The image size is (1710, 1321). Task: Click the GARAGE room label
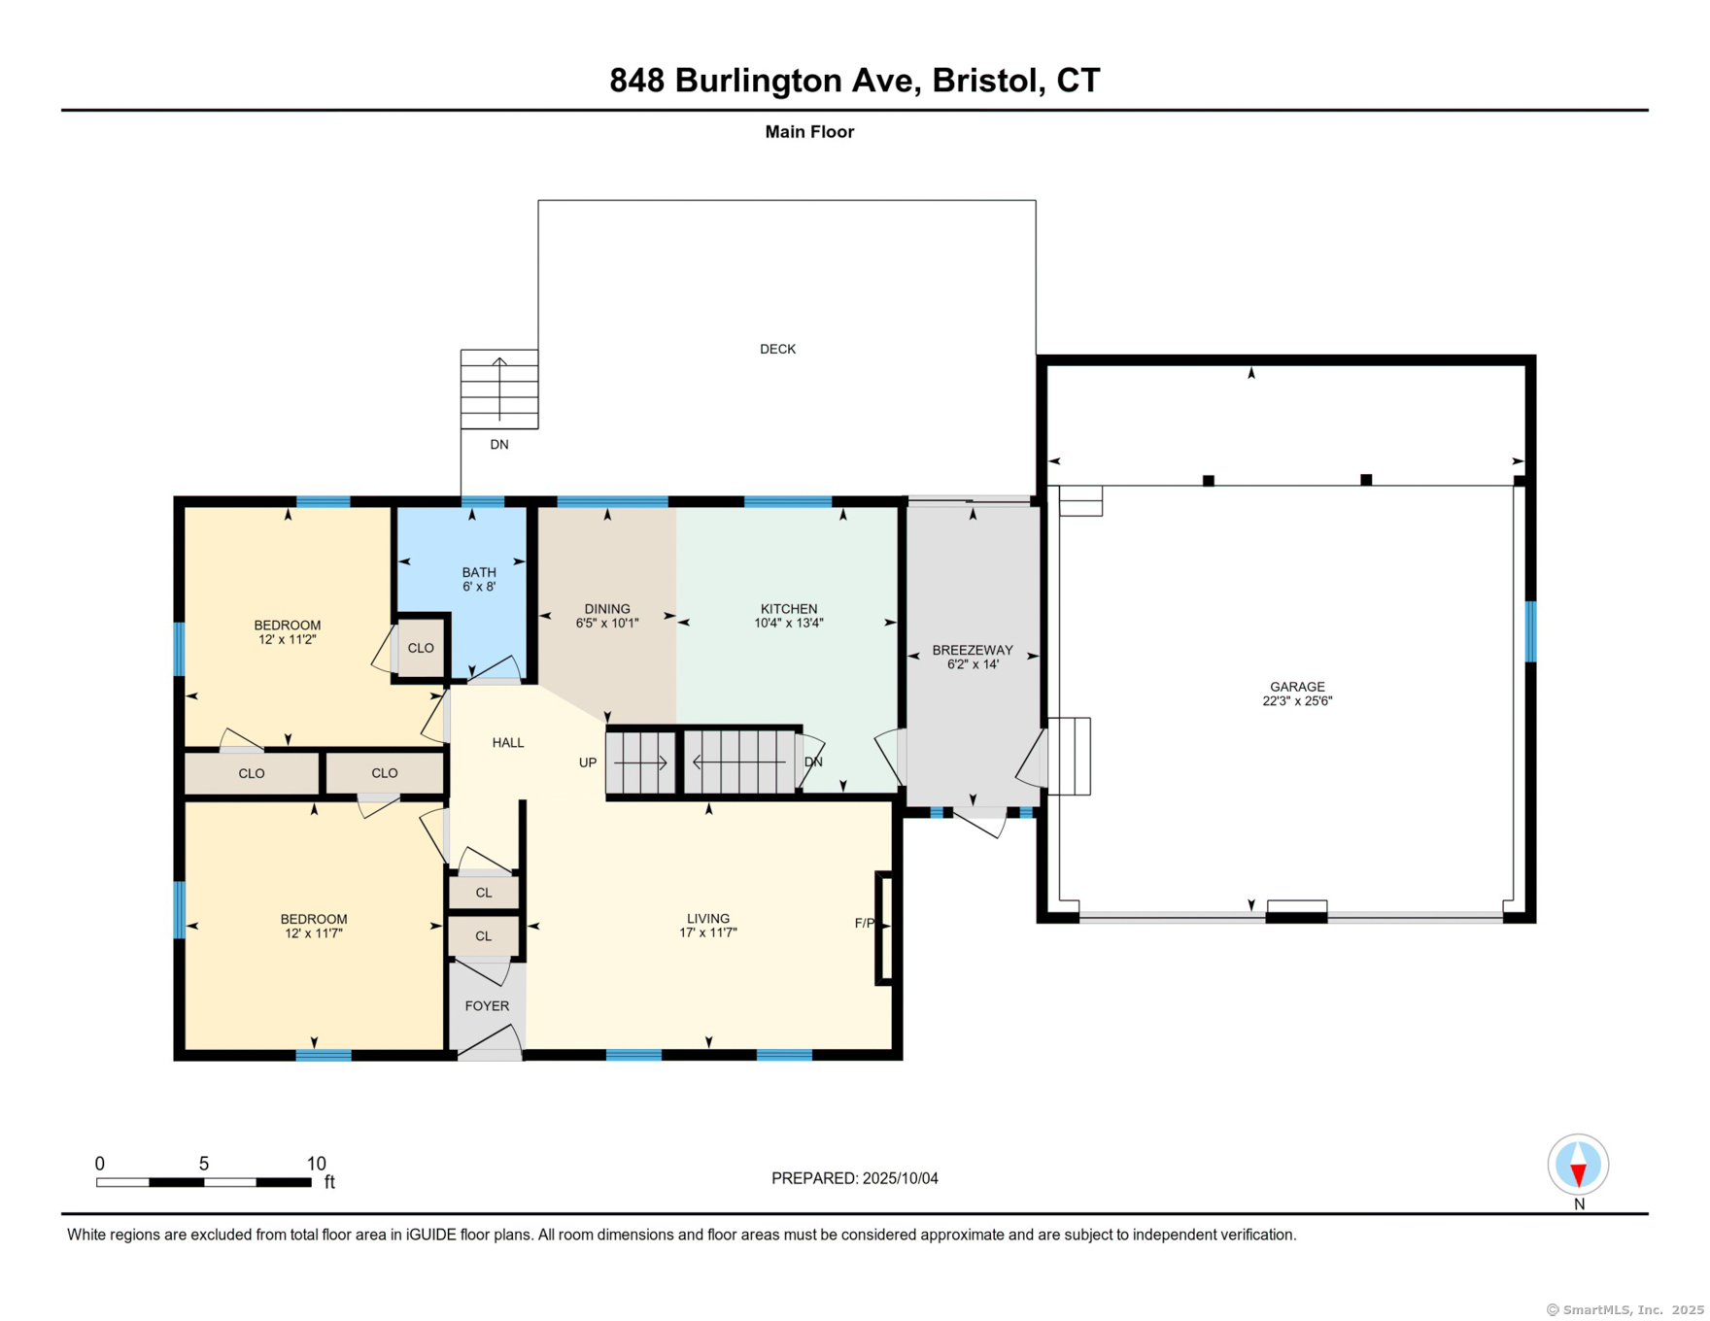pyautogui.click(x=1296, y=687)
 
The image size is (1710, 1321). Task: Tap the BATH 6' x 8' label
pyautogui.click(x=479, y=580)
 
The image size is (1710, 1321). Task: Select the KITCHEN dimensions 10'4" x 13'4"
pyautogui.click(x=788, y=624)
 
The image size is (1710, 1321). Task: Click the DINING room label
pyautogui.click(x=607, y=609)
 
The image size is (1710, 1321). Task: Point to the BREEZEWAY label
pyautogui.click(x=972, y=650)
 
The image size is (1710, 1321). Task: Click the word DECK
pyautogui.click(x=777, y=349)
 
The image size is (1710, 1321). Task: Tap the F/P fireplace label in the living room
pyautogui.click(x=864, y=923)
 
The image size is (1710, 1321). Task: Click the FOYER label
pyautogui.click(x=487, y=1006)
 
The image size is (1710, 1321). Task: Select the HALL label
pyautogui.click(x=507, y=743)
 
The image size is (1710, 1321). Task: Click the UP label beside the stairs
pyautogui.click(x=588, y=762)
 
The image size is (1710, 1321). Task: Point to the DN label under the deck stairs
pyautogui.click(x=498, y=445)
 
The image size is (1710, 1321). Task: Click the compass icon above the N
pyautogui.click(x=1578, y=1164)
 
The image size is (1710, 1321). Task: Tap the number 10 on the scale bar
pyautogui.click(x=316, y=1164)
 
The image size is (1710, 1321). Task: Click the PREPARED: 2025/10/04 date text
pyautogui.click(x=854, y=1178)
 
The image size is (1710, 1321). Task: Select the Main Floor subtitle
pyautogui.click(x=808, y=132)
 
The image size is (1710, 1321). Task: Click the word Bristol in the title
pyautogui.click(x=983, y=81)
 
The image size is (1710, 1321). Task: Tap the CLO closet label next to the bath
pyautogui.click(x=421, y=648)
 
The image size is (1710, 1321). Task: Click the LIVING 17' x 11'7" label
pyautogui.click(x=707, y=926)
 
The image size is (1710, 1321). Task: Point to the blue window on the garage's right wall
pyautogui.click(x=1530, y=631)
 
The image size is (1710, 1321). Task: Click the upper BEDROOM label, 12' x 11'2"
pyautogui.click(x=288, y=632)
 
